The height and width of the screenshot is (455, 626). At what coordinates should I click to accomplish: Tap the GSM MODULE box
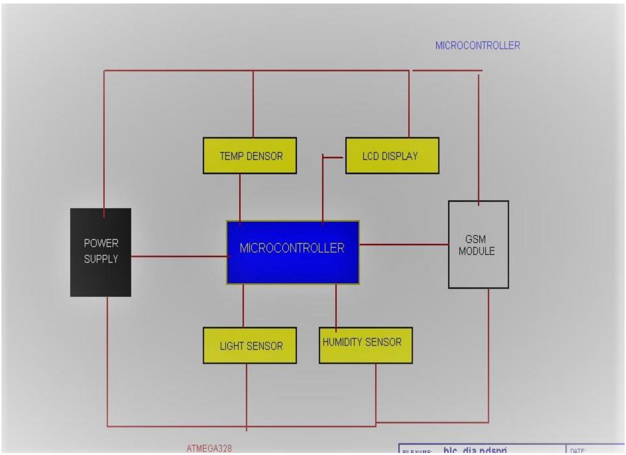coord(478,270)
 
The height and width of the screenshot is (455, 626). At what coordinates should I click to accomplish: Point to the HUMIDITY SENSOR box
coord(365,352)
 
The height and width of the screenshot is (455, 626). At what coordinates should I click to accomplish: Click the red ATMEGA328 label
coord(209,449)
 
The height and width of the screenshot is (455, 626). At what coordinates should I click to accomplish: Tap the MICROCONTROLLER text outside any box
coord(477,46)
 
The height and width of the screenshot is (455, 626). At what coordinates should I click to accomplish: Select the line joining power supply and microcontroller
coord(179,256)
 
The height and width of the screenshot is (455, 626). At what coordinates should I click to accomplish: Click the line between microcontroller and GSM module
coord(403,244)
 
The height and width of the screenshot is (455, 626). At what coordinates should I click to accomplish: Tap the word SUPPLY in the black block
coord(101,259)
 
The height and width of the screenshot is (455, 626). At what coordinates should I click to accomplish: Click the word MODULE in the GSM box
coord(477,251)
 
